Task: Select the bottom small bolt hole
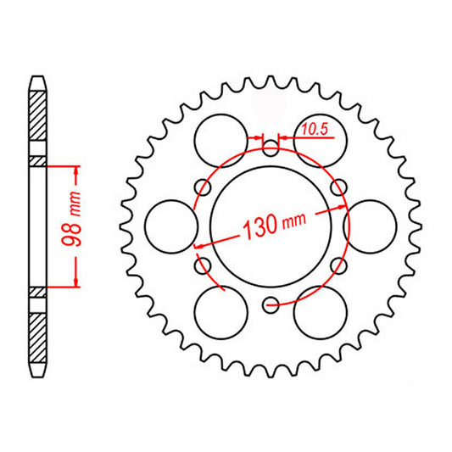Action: (271, 302)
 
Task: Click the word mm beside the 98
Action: (76, 204)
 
